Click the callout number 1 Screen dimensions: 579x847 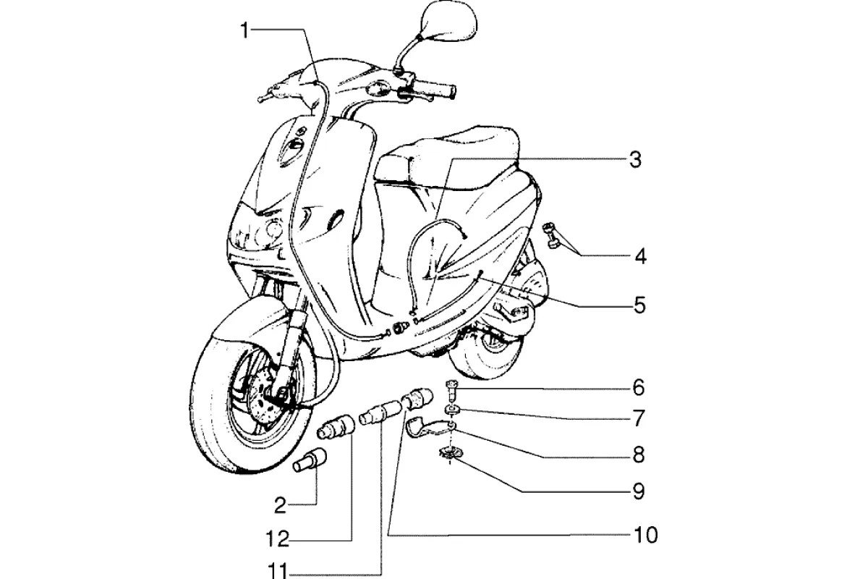point(245,30)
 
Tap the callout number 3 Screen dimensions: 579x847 point(634,160)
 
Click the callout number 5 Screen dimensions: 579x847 point(638,305)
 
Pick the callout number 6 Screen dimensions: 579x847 point(637,388)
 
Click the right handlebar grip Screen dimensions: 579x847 point(438,91)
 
